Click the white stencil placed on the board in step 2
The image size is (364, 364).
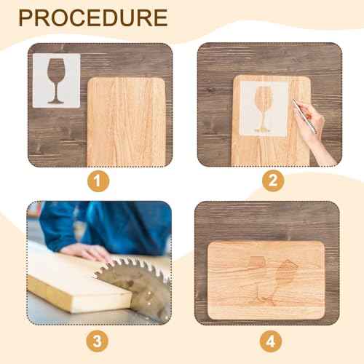(264, 108)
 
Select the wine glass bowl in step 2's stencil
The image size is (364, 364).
(264, 98)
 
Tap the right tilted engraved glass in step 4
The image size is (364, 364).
(280, 280)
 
